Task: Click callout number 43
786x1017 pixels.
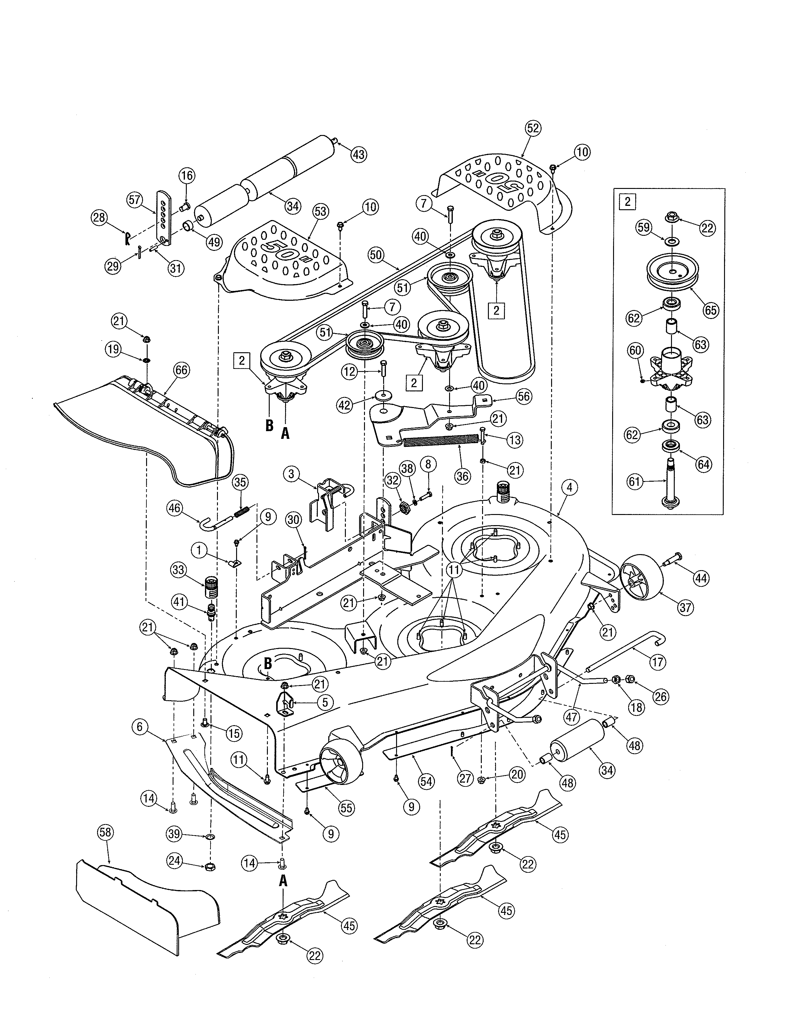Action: click(x=358, y=154)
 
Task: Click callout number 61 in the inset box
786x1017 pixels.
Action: click(x=635, y=481)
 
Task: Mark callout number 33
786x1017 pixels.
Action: click(x=179, y=570)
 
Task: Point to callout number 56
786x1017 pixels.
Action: click(x=524, y=396)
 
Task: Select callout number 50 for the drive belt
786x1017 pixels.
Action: click(x=376, y=255)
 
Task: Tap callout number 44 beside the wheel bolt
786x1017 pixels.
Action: click(x=701, y=578)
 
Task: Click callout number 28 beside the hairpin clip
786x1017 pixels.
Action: click(x=100, y=218)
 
